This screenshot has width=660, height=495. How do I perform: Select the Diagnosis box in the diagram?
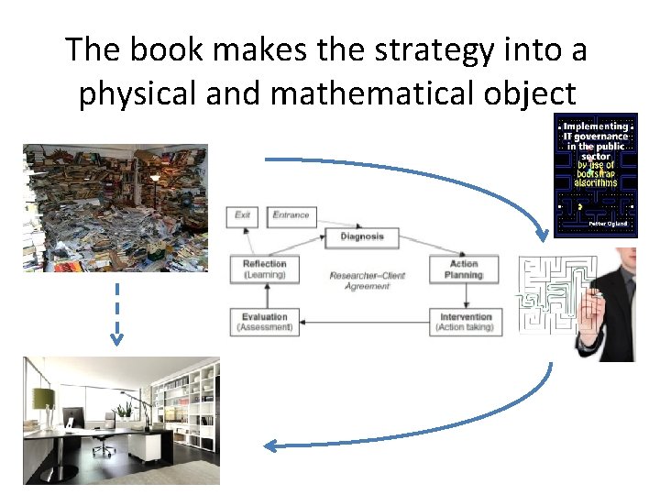tap(362, 236)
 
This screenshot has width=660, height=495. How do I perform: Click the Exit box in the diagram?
tap(242, 216)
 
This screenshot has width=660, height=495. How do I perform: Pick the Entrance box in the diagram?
tap(291, 216)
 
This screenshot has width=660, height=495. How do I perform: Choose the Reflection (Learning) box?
tap(265, 269)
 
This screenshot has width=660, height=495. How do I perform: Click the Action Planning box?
tap(463, 269)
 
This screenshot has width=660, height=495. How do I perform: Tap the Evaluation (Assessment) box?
tap(265, 322)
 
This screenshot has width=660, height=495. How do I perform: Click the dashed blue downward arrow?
tap(116, 312)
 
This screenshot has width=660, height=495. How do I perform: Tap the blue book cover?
tap(595, 176)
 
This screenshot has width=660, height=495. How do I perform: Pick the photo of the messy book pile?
tap(115, 208)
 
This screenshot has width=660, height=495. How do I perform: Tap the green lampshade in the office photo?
tap(43, 397)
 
